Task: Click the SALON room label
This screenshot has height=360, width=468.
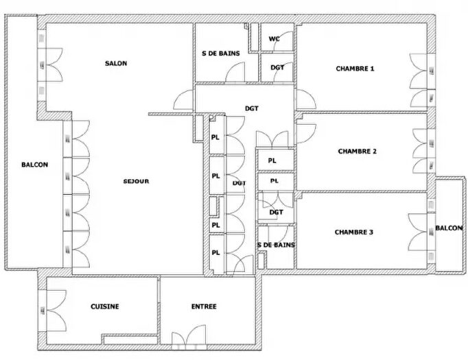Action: click(x=115, y=64)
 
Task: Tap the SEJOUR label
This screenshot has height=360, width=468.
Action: click(x=137, y=181)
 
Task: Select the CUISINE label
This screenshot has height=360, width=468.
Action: click(x=104, y=307)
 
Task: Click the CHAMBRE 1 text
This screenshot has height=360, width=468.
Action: click(x=355, y=69)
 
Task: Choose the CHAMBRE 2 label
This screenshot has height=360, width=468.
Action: click(x=357, y=152)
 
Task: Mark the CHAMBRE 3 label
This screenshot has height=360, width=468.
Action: click(x=354, y=232)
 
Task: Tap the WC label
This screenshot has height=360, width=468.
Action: click(x=274, y=39)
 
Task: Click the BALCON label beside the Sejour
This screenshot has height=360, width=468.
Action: click(x=34, y=165)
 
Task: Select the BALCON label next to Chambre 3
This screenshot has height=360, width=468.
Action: click(x=449, y=228)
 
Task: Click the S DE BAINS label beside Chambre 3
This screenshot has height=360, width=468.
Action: click(x=276, y=245)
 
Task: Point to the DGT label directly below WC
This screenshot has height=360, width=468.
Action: click(x=277, y=67)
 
